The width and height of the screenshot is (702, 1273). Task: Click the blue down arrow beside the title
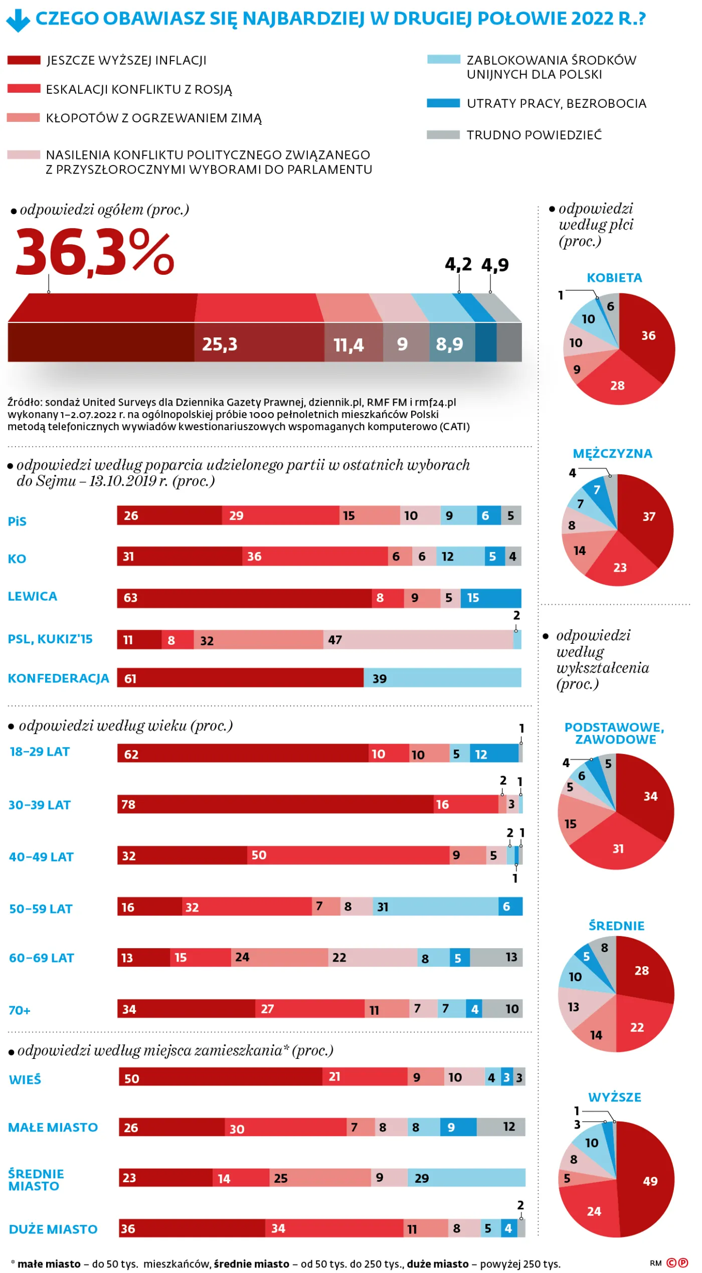click(18, 21)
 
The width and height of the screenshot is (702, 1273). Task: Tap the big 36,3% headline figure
click(95, 252)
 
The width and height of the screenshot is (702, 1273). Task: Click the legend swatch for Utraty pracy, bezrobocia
click(443, 103)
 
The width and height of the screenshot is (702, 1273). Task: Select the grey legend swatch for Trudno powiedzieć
click(443, 135)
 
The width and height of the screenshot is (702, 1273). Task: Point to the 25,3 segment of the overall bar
click(259, 342)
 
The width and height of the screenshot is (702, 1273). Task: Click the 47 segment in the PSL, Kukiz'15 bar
click(418, 640)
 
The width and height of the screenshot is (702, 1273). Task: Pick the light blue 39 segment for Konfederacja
click(442, 678)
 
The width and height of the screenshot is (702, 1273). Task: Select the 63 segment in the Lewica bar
click(244, 598)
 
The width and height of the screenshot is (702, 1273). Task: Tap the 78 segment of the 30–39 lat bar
click(275, 804)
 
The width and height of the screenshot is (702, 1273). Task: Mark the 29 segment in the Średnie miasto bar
click(466, 1178)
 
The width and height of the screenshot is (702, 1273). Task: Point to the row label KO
click(17, 559)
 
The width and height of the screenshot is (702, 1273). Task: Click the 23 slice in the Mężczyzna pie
click(620, 564)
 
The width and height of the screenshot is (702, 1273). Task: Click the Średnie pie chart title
click(616, 926)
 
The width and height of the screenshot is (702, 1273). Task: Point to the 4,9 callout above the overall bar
click(495, 265)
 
